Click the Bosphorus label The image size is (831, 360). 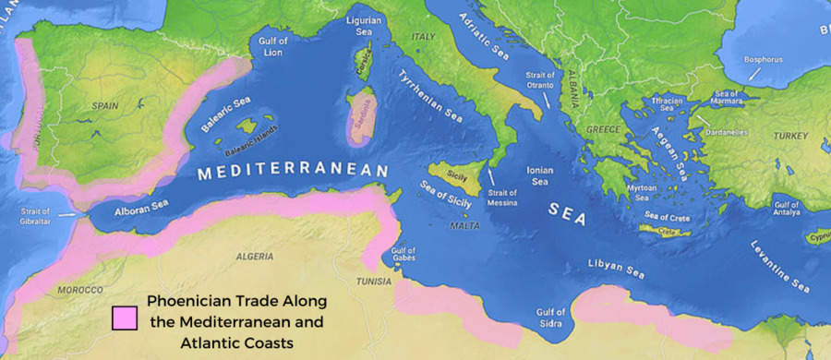[763, 60]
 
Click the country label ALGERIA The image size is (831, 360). [255, 256]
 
